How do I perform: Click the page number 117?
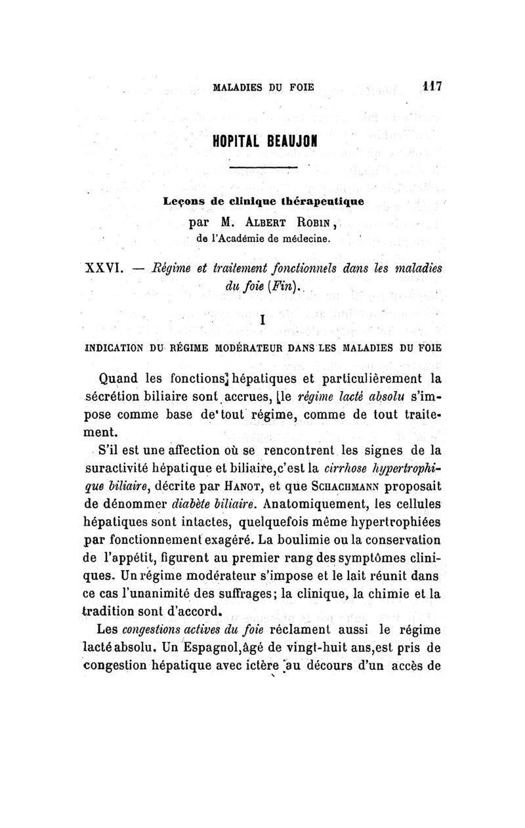pyautogui.click(x=431, y=85)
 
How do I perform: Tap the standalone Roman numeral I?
pyautogui.click(x=262, y=321)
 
